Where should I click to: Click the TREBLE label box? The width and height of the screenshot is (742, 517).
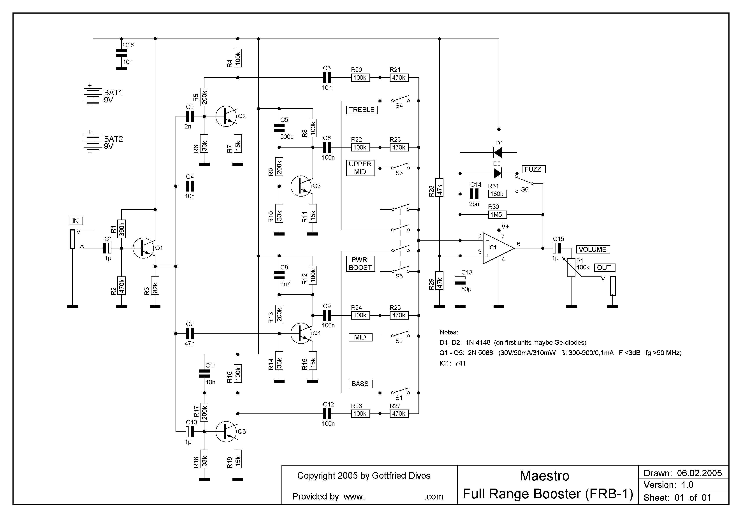(x=362, y=110)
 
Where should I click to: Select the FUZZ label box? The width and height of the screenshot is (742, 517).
(x=534, y=169)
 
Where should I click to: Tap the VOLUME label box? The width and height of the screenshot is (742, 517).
(x=593, y=250)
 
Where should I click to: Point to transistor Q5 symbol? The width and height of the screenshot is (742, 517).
(x=226, y=432)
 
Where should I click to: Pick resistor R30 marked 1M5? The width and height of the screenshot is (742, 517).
(x=497, y=215)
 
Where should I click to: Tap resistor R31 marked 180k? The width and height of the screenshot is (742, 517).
(x=497, y=194)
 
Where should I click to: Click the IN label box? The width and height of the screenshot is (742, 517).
(x=76, y=221)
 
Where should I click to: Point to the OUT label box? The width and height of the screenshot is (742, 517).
(x=604, y=267)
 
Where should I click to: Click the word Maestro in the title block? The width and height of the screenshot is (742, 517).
(x=545, y=476)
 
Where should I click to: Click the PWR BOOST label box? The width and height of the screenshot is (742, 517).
(x=360, y=264)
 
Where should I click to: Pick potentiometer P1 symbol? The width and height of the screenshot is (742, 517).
(x=571, y=267)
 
